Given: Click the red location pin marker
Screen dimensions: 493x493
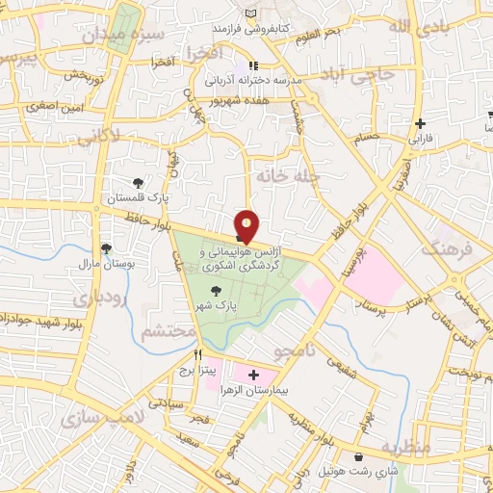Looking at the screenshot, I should click(246, 225).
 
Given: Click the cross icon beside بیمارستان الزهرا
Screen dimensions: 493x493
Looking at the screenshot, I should click(253, 375).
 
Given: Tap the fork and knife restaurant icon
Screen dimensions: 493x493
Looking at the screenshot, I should click(197, 354).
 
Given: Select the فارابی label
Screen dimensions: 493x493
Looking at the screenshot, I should click(422, 139).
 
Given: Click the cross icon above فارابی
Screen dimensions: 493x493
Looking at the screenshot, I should click(420, 123).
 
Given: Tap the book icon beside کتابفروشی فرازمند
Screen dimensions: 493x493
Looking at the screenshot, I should click(252, 11).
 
